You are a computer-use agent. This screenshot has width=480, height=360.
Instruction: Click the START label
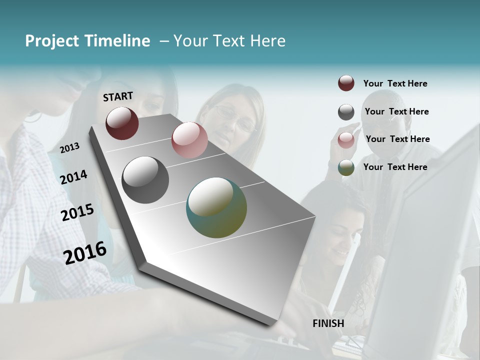[x=118, y=96]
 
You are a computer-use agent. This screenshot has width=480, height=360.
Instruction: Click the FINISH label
[x=328, y=323]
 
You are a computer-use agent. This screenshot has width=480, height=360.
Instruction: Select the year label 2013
[x=70, y=147]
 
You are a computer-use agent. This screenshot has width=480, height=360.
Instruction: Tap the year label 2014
[x=73, y=177]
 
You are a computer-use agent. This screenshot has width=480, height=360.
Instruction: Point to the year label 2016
[x=85, y=252]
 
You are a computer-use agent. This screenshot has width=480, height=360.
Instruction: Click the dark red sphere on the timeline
[x=122, y=123]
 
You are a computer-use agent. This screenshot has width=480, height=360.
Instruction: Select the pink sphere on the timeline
[x=189, y=139]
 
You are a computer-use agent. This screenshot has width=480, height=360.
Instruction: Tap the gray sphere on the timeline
[x=145, y=180]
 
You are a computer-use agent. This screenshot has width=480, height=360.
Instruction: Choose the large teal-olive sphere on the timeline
[x=216, y=207]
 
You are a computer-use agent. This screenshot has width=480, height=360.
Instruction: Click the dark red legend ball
[x=346, y=83]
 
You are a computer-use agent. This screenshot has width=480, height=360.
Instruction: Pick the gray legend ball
[x=346, y=112]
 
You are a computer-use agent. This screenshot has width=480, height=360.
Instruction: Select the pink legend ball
[x=346, y=140]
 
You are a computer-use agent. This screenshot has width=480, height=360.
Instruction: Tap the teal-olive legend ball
[x=346, y=167]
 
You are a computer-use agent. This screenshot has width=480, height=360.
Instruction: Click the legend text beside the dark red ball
[x=395, y=83]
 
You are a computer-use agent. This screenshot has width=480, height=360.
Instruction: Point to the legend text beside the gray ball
[x=396, y=111]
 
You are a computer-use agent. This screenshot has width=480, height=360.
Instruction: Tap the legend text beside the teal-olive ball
[x=395, y=167]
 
